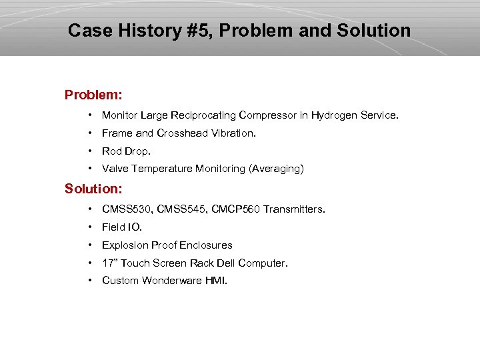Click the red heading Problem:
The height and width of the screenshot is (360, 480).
93,95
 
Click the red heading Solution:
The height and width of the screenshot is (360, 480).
93,189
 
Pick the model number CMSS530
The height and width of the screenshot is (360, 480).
125,209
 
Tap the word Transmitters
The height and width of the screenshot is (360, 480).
294,209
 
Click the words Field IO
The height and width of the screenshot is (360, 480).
121,227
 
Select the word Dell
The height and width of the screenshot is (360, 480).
225,263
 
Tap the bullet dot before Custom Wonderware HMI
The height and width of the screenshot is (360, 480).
90,281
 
